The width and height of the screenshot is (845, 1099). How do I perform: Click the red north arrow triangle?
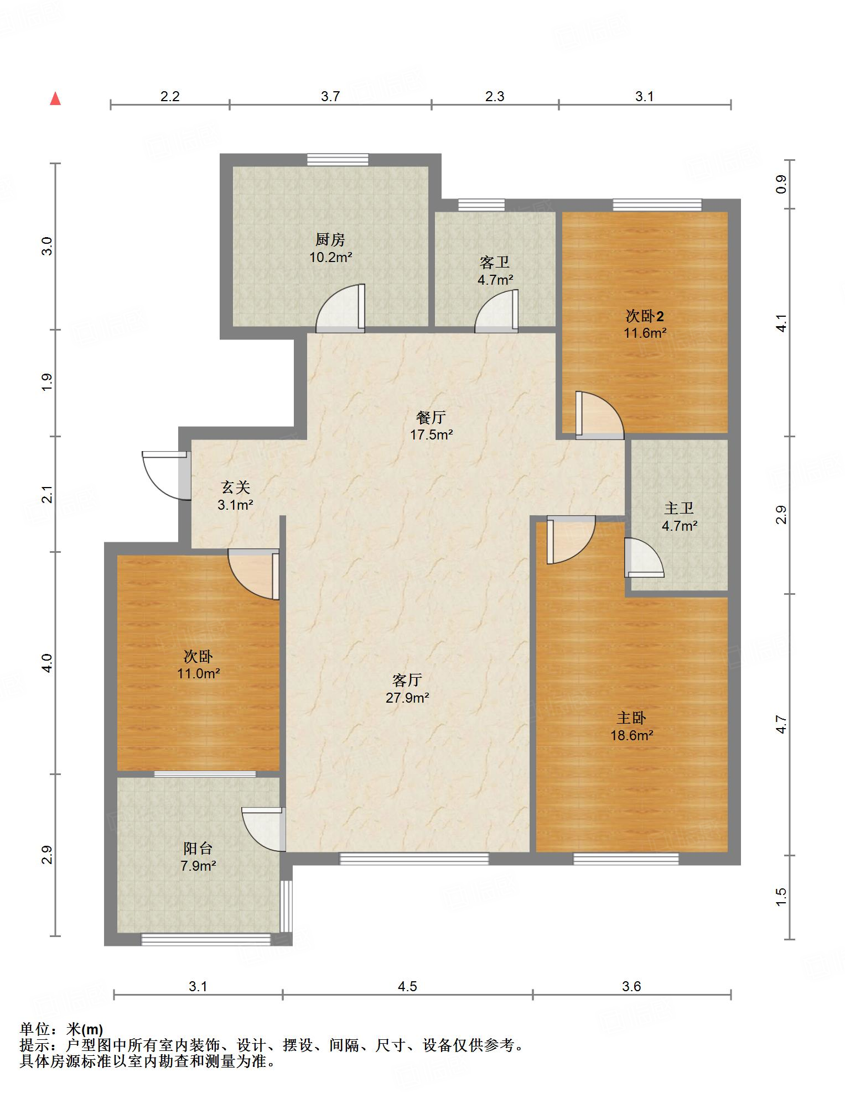pyautogui.click(x=55, y=98)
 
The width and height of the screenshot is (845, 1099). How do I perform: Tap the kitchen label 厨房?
pyautogui.click(x=330, y=239)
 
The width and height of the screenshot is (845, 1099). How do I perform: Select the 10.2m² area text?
pyautogui.click(x=331, y=257)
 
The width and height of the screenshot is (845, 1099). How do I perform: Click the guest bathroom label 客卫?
pyautogui.click(x=495, y=262)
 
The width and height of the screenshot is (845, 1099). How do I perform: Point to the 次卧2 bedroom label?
pyautogui.click(x=645, y=316)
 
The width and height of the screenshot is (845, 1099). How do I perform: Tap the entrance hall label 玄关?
pyautogui.click(x=236, y=487)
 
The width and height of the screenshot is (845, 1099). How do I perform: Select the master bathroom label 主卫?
pyautogui.click(x=679, y=508)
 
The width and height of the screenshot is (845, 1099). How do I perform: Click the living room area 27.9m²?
pyautogui.click(x=408, y=697)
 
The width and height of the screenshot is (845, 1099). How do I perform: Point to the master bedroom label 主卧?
pyautogui.click(x=631, y=718)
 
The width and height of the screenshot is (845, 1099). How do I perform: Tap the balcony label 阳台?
pyautogui.click(x=198, y=848)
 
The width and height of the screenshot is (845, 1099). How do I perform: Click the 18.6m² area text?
pyautogui.click(x=631, y=735)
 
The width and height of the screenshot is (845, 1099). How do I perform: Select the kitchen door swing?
pyautogui.click(x=340, y=308)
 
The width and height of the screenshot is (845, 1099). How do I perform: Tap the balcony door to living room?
pyautogui.click(x=264, y=829)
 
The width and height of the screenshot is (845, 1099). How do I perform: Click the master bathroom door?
pyautogui.click(x=644, y=557)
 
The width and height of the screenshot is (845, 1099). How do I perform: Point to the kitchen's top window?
pyautogui.click(x=338, y=159)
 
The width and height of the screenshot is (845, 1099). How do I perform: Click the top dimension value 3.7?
pyautogui.click(x=330, y=96)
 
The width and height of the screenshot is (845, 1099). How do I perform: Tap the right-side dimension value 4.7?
pyautogui.click(x=781, y=724)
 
